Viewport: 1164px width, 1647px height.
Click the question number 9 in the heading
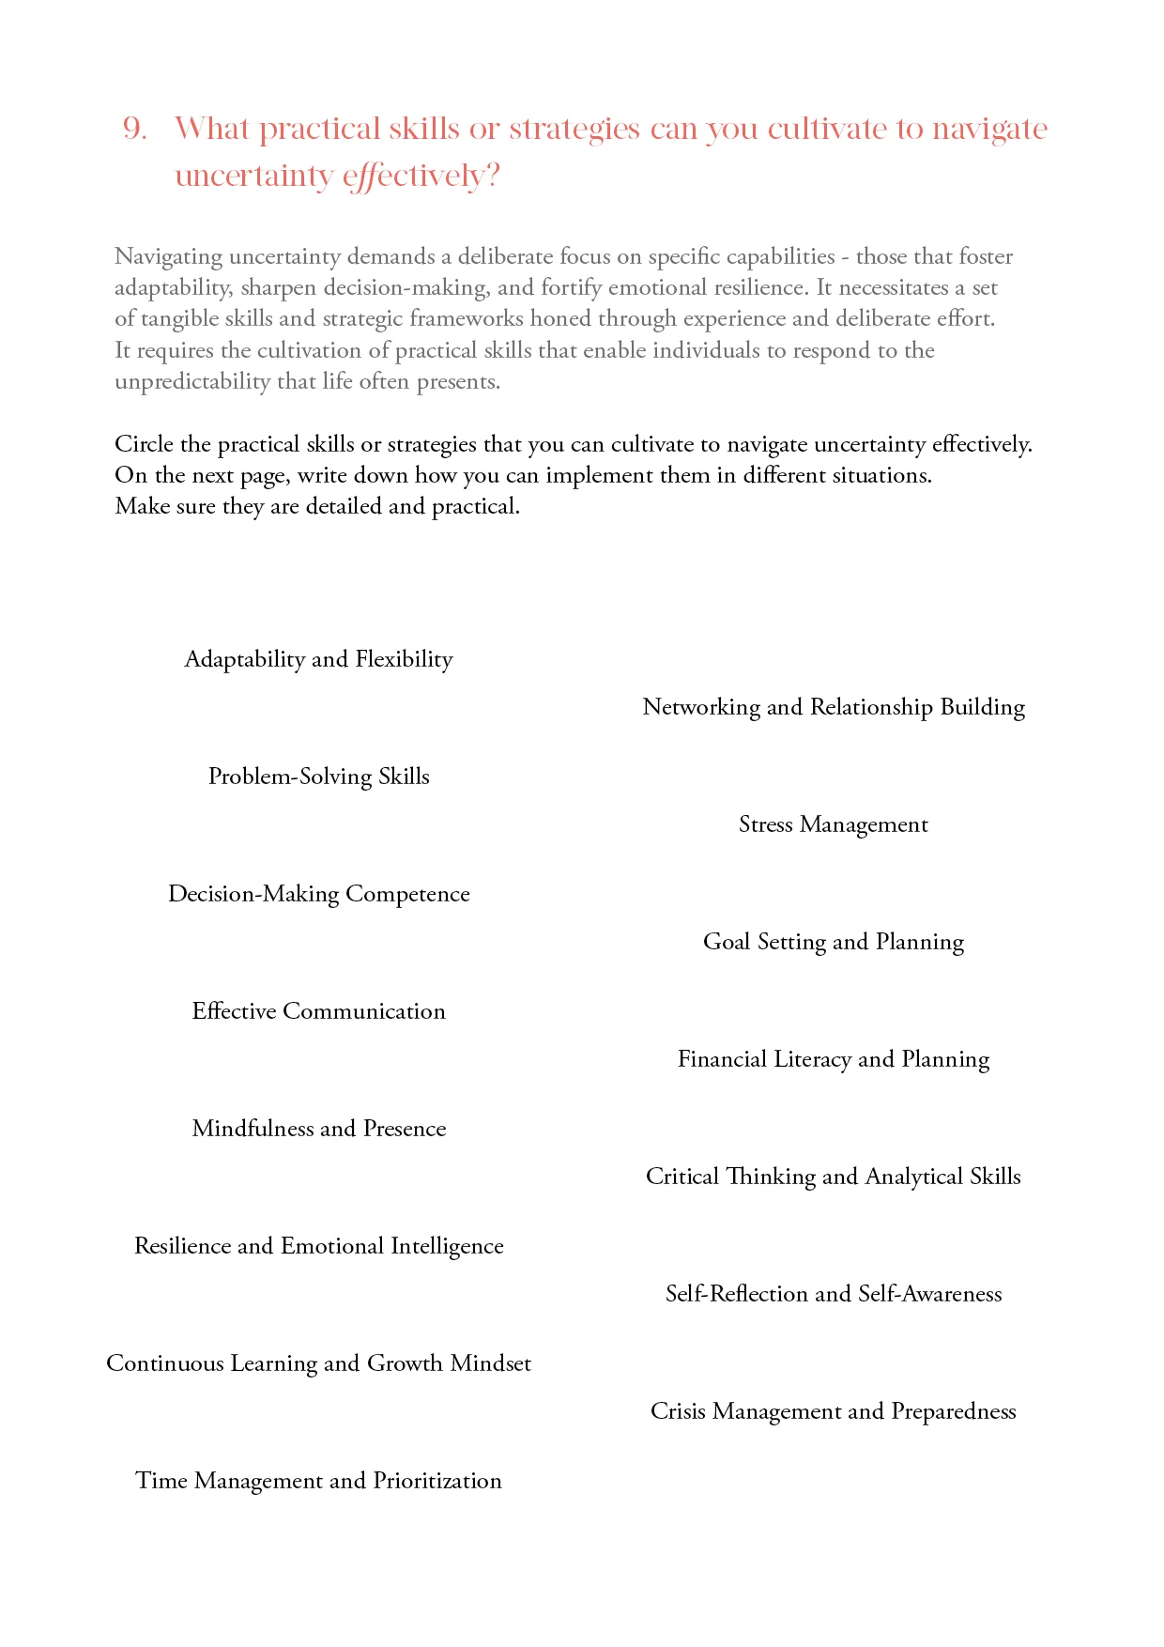pos(135,129)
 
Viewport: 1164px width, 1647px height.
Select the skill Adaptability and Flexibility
pos(318,659)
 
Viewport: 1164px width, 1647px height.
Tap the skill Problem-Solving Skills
pos(318,777)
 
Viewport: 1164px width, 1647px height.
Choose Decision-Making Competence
pos(318,894)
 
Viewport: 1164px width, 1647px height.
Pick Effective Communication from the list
pos(318,1011)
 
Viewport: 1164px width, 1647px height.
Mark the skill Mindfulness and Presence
pos(318,1129)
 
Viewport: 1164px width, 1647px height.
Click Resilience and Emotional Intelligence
pos(318,1246)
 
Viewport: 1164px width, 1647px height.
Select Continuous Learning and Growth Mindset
pos(318,1363)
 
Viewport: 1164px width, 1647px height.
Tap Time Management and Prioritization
pos(318,1481)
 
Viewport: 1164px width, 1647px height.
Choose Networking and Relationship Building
pos(834,707)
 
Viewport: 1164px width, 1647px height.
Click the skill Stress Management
pos(834,824)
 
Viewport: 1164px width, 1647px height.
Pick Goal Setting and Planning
pos(834,942)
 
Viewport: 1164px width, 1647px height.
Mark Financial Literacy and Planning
pos(834,1059)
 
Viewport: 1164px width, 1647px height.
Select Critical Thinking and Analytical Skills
pos(834,1177)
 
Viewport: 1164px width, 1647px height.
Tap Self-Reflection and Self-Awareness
pos(834,1294)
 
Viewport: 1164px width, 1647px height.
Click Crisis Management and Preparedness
pos(834,1411)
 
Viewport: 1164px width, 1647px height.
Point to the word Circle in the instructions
pos(144,444)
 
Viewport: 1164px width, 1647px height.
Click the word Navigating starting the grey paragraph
pos(168,257)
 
